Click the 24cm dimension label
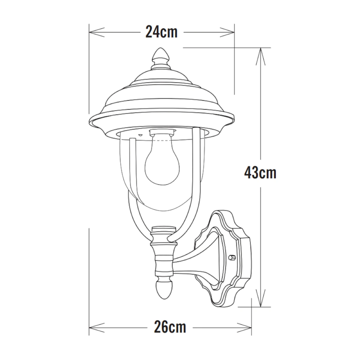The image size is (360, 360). click(161, 32)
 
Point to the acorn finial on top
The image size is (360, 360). click(161, 56)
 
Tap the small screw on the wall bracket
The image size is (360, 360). click(232, 257)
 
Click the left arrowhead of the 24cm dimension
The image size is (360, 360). click(97, 32)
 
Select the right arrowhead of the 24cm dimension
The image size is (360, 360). click(227, 32)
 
